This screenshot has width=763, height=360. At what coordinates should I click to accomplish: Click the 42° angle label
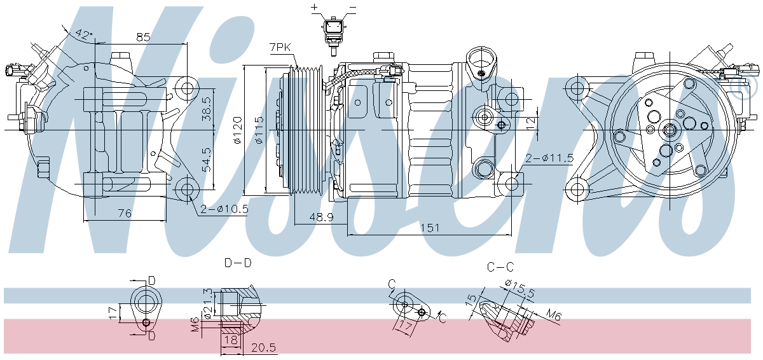coord(84,34)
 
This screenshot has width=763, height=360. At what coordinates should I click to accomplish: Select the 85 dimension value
coord(143,37)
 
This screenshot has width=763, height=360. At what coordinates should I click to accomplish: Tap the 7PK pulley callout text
coord(280,47)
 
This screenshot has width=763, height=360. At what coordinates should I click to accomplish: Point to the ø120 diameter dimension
coord(237,130)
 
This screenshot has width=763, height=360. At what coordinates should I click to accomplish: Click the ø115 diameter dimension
coord(259,130)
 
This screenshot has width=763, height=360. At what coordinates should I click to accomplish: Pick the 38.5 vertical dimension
coord(207,109)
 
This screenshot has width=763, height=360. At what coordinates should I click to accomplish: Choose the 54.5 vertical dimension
coord(207,160)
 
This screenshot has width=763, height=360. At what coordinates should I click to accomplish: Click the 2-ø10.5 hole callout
coord(224,209)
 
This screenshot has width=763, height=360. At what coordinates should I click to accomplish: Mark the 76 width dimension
coord(125,213)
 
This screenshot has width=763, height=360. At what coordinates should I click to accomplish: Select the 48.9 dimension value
coord(321,217)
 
